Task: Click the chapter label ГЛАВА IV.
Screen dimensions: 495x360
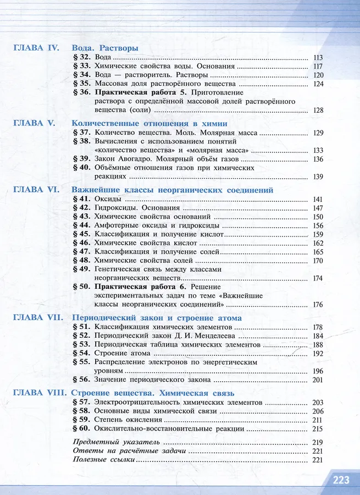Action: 35,48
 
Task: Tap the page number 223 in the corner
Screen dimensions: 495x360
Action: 341,480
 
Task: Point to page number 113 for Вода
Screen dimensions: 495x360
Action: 317,58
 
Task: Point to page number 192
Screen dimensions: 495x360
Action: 317,354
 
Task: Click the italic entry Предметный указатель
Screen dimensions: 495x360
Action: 116,442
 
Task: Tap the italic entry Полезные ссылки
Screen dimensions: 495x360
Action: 104,460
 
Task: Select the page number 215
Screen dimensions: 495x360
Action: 317,428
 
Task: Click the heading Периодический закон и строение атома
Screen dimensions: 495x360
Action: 157,318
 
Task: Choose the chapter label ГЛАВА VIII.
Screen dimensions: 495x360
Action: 38,393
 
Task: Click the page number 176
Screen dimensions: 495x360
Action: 317,305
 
